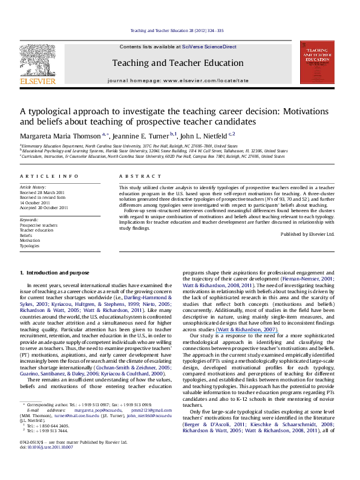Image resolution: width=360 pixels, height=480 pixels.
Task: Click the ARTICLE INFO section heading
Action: pos(42,175)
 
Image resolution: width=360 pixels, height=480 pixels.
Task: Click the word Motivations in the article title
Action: pos(289,112)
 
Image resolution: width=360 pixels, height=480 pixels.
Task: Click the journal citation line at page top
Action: pos(180,30)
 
